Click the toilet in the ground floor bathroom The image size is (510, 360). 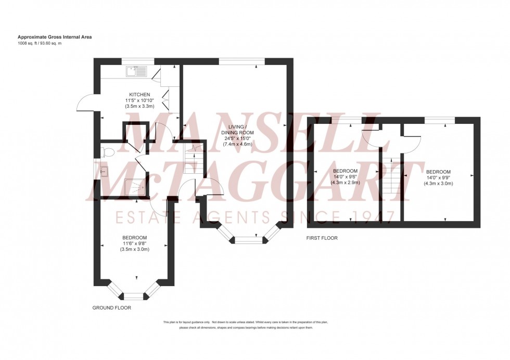click(108, 151)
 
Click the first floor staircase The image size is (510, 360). click(390, 174)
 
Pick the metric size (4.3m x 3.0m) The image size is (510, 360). click(438, 184)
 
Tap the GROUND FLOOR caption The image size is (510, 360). click(111, 308)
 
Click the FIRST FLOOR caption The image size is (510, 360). click(322, 238)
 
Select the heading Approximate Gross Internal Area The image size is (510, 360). click(55, 37)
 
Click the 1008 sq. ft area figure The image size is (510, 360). click(30, 43)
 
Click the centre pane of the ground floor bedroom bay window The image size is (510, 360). click(133, 297)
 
